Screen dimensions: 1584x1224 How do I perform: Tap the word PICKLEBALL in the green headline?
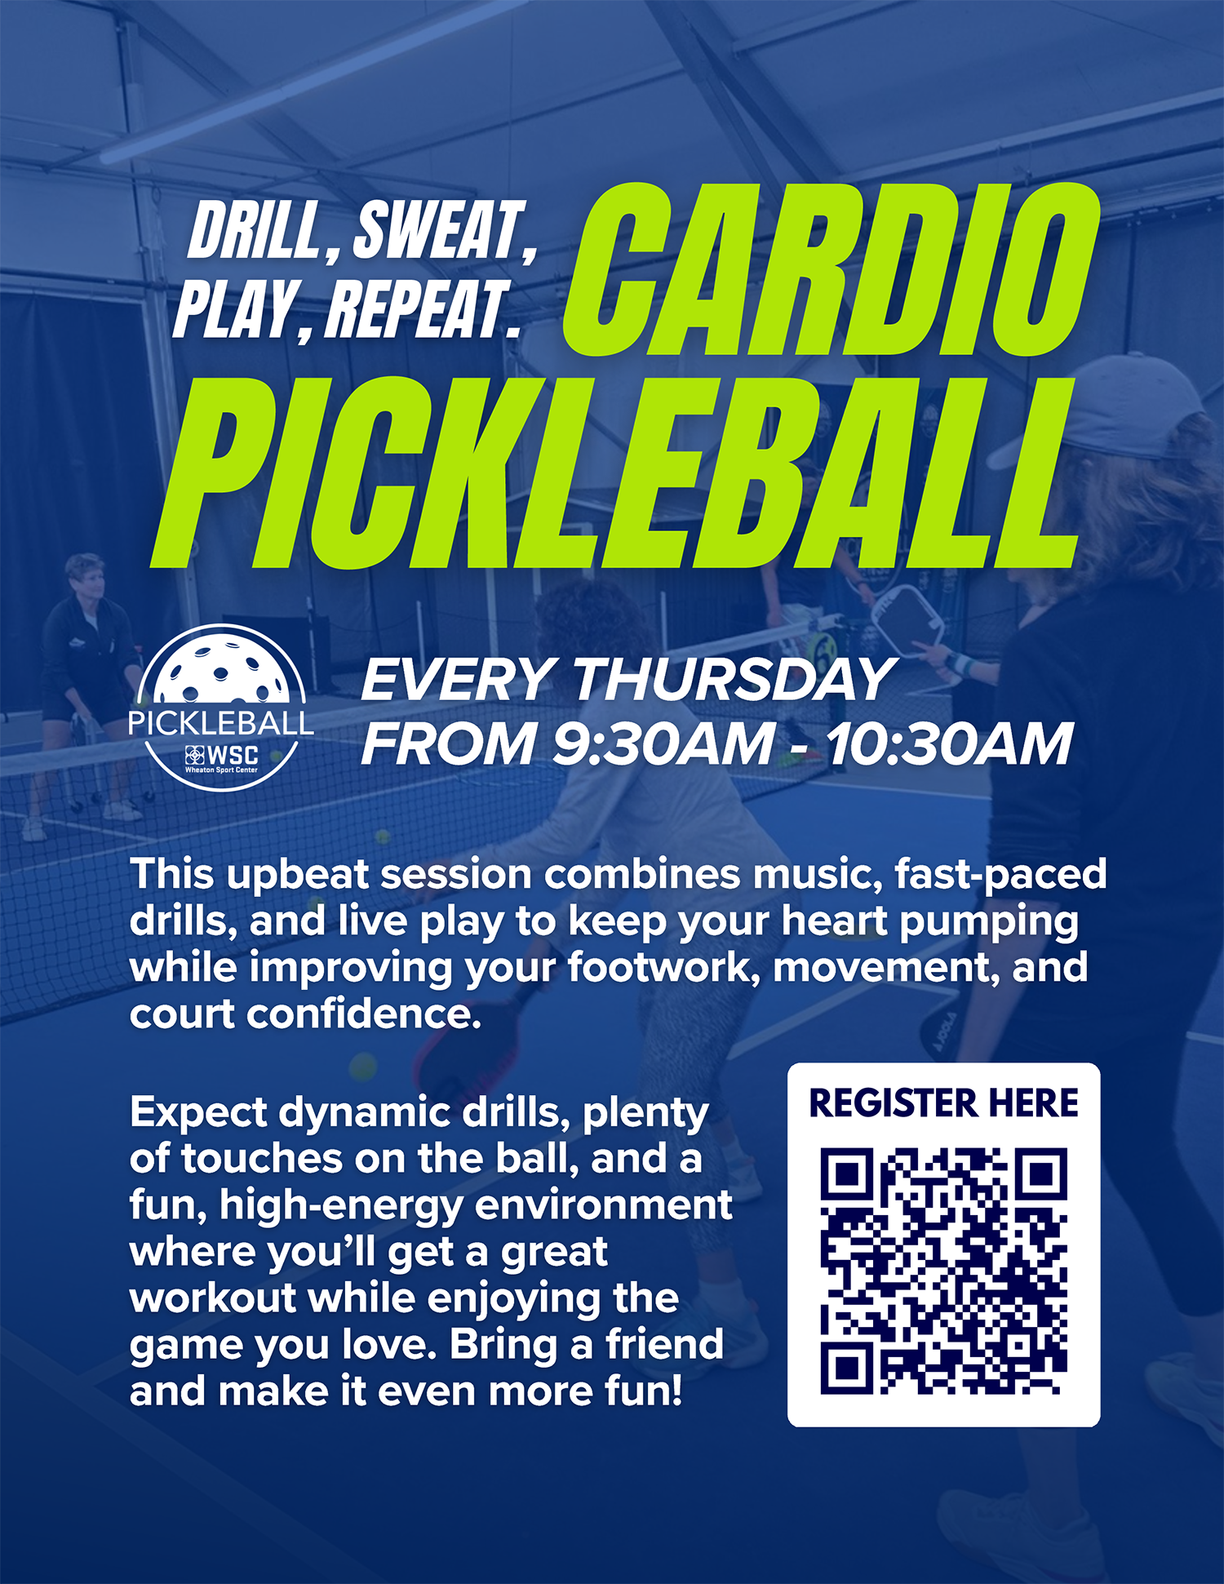coord(612,473)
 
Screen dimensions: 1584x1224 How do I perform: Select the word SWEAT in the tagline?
coord(437,232)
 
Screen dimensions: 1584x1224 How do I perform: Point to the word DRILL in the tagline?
coord(255,232)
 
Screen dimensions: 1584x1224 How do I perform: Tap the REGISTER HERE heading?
coord(943,1103)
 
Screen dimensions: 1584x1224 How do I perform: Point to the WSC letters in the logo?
coord(233,755)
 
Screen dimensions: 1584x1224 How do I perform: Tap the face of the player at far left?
coord(90,581)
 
